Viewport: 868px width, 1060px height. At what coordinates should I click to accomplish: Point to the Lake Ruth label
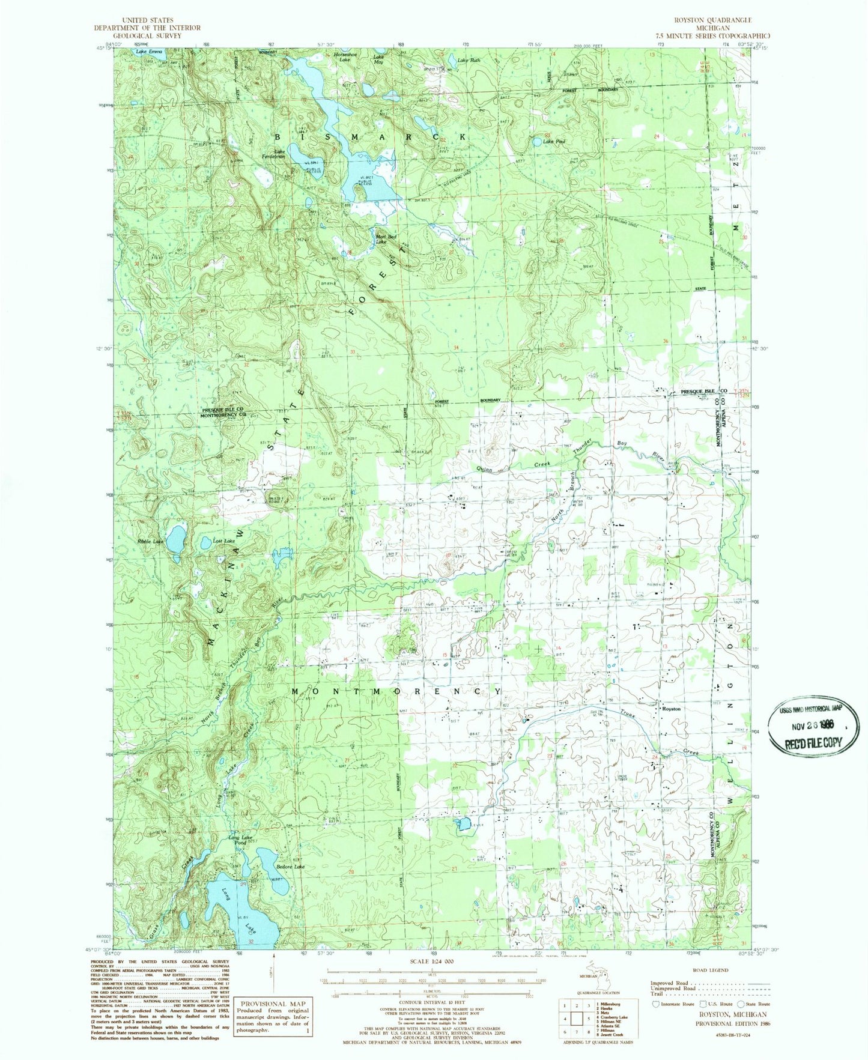tap(469, 61)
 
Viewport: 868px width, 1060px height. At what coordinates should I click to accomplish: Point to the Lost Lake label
tap(224, 541)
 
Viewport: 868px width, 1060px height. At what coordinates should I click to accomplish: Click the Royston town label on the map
tap(670, 709)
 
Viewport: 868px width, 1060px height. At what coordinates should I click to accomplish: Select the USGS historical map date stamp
tap(813, 726)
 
